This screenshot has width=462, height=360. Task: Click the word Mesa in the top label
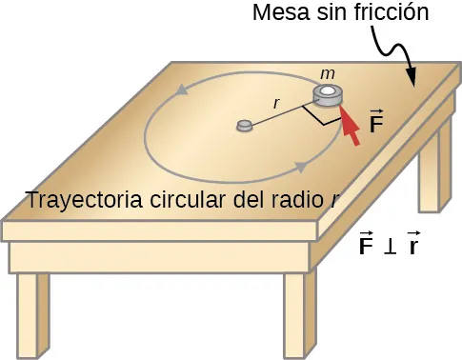(277, 14)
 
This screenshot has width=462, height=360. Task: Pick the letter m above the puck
(328, 73)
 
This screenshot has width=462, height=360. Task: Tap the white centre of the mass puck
(327, 92)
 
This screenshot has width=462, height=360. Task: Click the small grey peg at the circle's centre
(244, 125)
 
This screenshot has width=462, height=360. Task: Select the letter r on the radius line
(275, 102)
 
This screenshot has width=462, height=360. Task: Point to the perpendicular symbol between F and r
(389, 247)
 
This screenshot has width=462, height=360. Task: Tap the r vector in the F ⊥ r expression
(412, 246)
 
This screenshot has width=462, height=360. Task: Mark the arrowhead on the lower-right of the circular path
(300, 168)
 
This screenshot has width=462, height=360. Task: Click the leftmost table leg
(32, 314)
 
